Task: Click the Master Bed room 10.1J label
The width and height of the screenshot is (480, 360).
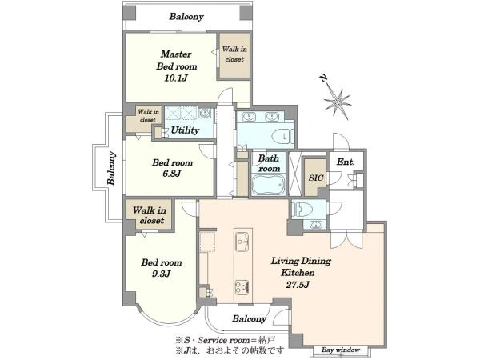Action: [x=177, y=66]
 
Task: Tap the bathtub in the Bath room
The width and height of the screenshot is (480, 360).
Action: [x=269, y=185]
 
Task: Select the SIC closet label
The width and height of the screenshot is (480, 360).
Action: [x=316, y=178]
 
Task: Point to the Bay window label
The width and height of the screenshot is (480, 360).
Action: [x=341, y=350]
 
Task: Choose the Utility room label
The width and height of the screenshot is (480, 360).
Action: [x=185, y=130]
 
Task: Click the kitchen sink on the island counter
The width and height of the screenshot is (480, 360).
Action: [x=243, y=242]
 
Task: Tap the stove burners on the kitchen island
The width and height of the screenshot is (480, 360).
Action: [x=242, y=287]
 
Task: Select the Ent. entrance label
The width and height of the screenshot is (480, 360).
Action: [x=346, y=162]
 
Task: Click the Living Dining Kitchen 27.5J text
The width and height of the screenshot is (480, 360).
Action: [x=301, y=273]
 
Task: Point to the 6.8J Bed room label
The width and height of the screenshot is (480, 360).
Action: [x=172, y=168]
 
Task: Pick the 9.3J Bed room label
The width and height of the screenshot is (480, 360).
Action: [x=162, y=268]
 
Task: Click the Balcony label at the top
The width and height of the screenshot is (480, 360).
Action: [x=186, y=17]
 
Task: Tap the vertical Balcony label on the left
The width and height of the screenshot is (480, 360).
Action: [x=111, y=168]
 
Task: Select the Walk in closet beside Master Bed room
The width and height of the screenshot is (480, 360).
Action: [x=234, y=54]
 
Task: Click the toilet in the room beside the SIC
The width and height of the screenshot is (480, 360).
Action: [x=302, y=210]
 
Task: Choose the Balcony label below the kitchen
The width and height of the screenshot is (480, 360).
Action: [x=249, y=319]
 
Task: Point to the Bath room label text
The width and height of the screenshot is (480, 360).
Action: [x=269, y=163]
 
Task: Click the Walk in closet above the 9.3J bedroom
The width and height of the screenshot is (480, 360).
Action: [x=150, y=215]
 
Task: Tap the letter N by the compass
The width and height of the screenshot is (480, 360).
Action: [x=323, y=78]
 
